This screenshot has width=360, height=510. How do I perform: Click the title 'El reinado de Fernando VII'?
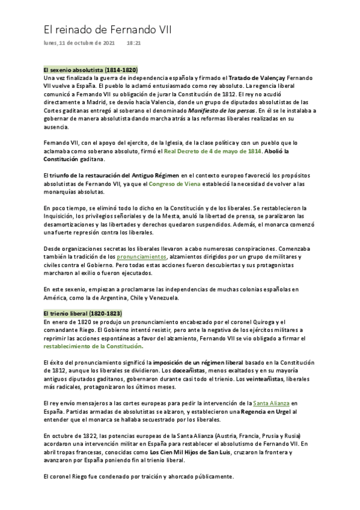point(108,29)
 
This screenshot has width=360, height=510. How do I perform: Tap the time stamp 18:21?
point(133,43)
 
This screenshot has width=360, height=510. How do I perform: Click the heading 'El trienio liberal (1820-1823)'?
point(82,313)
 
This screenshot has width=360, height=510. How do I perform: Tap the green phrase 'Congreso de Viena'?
point(175,183)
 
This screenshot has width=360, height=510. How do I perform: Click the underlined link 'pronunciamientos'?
point(142,257)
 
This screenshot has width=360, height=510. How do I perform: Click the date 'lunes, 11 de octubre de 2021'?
point(79,43)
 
